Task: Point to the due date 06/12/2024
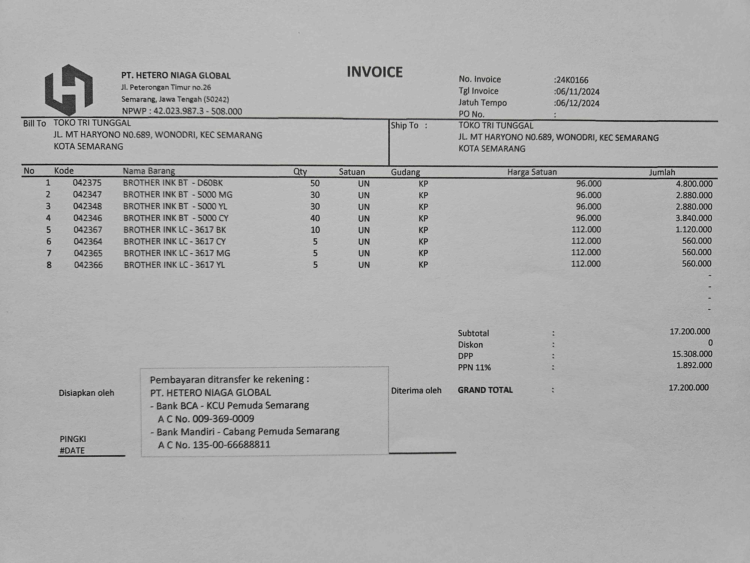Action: point(577,103)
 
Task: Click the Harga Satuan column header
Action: point(532,172)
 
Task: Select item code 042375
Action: point(87,183)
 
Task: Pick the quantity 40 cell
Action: point(315,218)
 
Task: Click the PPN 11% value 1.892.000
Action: point(694,365)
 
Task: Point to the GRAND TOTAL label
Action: point(485,390)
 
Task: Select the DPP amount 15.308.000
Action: point(692,354)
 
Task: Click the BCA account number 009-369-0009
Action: point(223,418)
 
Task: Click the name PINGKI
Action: point(73,439)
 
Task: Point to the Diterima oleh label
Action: point(416,391)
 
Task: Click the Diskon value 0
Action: point(710,343)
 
